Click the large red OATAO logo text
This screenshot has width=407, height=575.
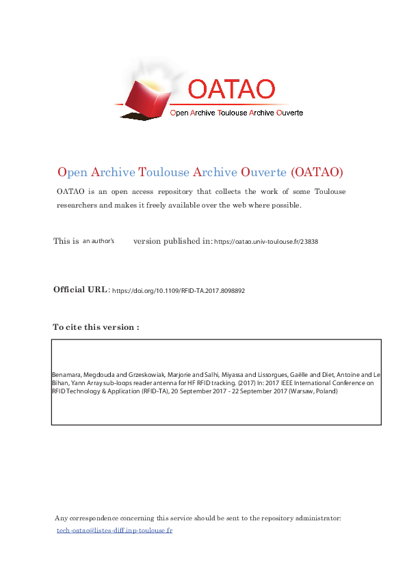tap(231, 89)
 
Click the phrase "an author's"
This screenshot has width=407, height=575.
tap(99, 241)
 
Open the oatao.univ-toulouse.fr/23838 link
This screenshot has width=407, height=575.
tap(266, 242)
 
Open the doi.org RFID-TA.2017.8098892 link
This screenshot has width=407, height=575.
tap(179, 290)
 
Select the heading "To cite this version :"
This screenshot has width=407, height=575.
tap(96, 327)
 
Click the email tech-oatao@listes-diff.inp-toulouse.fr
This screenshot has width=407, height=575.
tap(114, 530)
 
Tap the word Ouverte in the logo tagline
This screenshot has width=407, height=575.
tap(288, 113)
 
